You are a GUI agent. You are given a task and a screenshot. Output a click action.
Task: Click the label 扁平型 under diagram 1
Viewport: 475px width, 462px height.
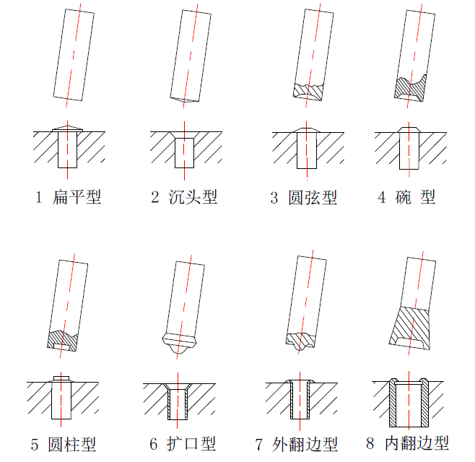click(x=77, y=197)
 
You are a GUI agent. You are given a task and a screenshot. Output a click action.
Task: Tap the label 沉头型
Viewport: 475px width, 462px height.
click(x=193, y=197)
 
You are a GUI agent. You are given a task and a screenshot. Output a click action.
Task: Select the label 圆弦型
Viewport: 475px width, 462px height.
click(x=313, y=198)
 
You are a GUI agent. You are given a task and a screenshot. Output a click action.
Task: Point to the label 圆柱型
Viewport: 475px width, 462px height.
click(x=71, y=445)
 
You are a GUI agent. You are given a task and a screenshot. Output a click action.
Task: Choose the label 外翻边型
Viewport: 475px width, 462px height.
click(x=305, y=445)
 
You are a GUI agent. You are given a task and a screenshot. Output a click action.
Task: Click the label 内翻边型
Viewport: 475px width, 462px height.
click(x=417, y=443)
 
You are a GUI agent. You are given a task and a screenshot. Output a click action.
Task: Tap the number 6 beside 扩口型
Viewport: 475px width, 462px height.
click(x=154, y=444)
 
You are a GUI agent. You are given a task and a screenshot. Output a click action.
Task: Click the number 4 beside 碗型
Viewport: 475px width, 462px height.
click(x=382, y=198)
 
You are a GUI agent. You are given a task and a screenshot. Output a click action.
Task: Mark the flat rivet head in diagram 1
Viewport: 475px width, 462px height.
click(x=67, y=128)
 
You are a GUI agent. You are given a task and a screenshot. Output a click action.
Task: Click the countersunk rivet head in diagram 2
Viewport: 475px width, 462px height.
click(x=185, y=135)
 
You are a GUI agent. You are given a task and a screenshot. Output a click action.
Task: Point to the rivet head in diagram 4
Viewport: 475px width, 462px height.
click(x=409, y=130)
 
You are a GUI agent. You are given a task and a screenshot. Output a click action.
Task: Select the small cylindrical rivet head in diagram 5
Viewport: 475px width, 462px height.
click(x=61, y=378)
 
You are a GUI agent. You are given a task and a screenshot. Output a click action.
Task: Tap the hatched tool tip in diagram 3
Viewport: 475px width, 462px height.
click(x=308, y=91)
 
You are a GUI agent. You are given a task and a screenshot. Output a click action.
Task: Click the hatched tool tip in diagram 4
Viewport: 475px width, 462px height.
click(x=410, y=88)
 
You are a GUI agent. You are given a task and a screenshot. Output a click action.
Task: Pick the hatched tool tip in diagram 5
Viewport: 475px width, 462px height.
click(x=62, y=341)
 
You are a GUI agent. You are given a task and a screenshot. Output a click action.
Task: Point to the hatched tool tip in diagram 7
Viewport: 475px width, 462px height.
click(x=300, y=341)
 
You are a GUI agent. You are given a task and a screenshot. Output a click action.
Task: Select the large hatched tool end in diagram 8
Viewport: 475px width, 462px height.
click(x=410, y=328)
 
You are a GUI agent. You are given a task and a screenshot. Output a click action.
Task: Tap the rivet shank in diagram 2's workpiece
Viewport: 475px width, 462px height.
click(x=185, y=153)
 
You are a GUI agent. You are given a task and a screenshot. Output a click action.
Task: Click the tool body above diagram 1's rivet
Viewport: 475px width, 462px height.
click(x=74, y=55)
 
